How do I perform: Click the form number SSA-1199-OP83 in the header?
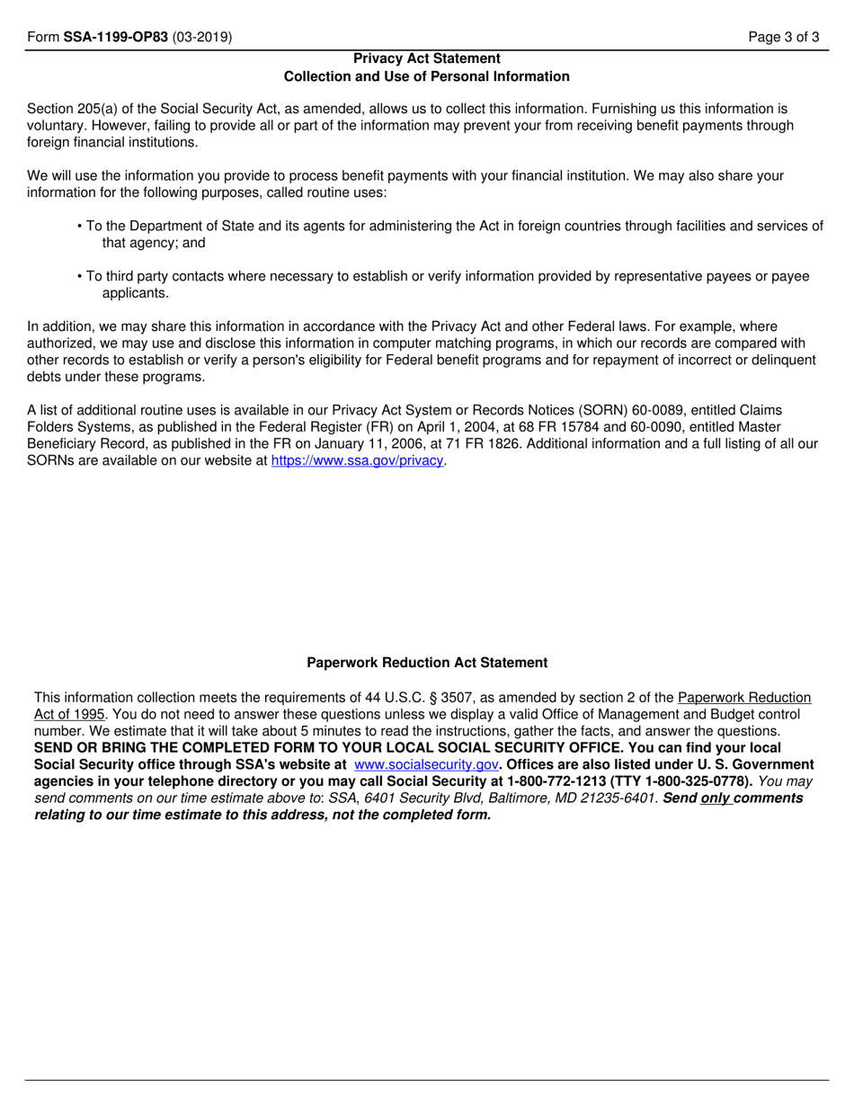click(x=115, y=38)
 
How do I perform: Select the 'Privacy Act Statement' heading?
click(x=427, y=58)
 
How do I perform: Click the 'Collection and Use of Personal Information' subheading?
click(x=427, y=76)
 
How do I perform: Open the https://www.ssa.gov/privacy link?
click(x=358, y=460)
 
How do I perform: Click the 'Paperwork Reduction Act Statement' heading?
click(x=427, y=663)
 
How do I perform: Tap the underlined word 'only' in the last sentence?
click(x=716, y=798)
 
